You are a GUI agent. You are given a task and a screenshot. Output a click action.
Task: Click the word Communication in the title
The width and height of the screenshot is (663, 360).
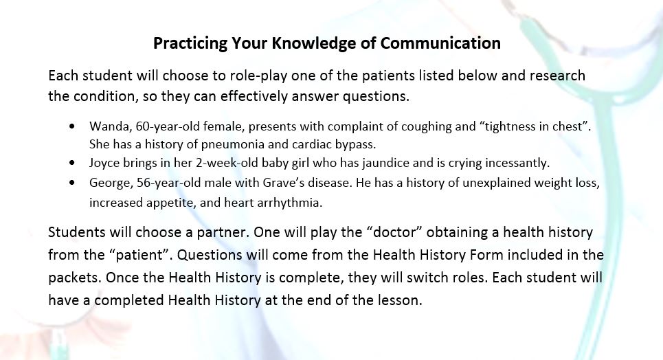pyautogui.click(x=440, y=43)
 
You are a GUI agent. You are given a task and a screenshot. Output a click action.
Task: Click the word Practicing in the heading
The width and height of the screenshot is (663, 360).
pyautogui.click(x=190, y=43)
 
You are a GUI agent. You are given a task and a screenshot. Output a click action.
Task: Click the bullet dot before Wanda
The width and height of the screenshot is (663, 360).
pyautogui.click(x=73, y=126)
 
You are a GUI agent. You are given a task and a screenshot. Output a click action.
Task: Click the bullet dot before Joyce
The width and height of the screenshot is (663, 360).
pyautogui.click(x=73, y=163)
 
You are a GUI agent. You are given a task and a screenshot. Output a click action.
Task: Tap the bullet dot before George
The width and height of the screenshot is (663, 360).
pyautogui.click(x=73, y=183)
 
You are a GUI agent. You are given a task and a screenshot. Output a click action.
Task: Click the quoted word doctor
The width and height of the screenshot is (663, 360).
pyautogui.click(x=396, y=232)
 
